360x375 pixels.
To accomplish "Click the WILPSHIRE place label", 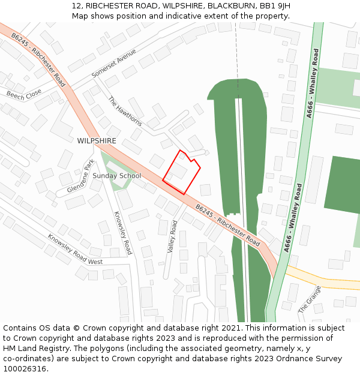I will (97, 140).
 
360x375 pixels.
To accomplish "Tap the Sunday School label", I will (116, 176).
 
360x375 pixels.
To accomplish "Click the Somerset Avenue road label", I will (114, 63).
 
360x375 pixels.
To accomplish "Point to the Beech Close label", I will (24, 94).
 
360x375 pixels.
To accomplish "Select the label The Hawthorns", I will (125, 111).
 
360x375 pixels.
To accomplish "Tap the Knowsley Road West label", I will (75, 250).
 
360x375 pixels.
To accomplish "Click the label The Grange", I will (310, 299).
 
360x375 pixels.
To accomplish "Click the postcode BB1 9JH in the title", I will (275, 5).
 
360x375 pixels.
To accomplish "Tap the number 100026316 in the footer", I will (25, 369).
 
